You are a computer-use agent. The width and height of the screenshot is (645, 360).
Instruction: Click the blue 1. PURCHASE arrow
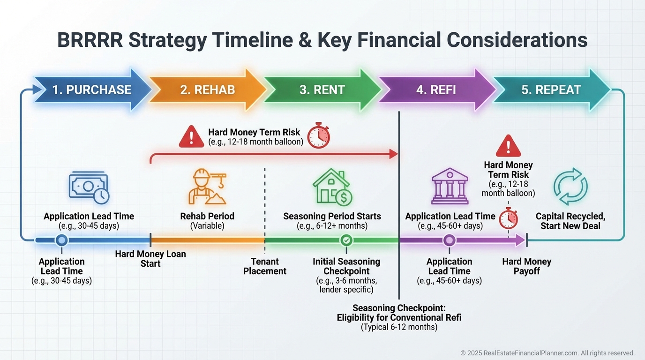click(x=92, y=90)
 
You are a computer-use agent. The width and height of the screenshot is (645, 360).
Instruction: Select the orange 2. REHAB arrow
click(x=207, y=90)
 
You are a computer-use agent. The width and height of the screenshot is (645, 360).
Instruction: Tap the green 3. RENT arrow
click(x=322, y=90)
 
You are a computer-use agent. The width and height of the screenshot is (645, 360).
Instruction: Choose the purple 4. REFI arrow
click(x=436, y=90)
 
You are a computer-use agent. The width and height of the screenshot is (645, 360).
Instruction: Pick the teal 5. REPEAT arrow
click(x=551, y=90)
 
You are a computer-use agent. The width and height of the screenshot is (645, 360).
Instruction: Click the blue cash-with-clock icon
click(x=89, y=187)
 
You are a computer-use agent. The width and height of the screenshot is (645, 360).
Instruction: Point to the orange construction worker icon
click(x=207, y=187)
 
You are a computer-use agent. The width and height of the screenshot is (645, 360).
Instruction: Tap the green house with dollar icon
click(x=332, y=187)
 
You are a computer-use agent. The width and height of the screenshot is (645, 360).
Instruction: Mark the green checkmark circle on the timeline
click(x=346, y=240)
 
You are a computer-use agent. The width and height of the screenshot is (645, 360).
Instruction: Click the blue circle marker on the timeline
click(x=61, y=240)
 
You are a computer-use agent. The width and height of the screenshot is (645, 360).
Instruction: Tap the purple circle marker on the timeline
click(x=449, y=240)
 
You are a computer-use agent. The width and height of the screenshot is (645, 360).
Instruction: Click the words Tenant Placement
click(x=265, y=266)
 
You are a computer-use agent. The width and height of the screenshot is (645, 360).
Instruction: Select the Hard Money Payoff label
click(x=527, y=266)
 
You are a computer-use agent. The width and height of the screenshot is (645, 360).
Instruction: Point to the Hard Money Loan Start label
click(x=150, y=259)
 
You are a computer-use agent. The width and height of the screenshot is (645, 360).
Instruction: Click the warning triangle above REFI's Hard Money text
click(x=508, y=146)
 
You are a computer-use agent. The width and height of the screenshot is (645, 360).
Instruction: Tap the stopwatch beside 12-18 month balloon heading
click(x=318, y=135)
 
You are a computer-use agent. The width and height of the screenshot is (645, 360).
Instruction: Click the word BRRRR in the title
click(x=90, y=40)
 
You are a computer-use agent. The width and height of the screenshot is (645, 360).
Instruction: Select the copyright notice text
click(x=547, y=353)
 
